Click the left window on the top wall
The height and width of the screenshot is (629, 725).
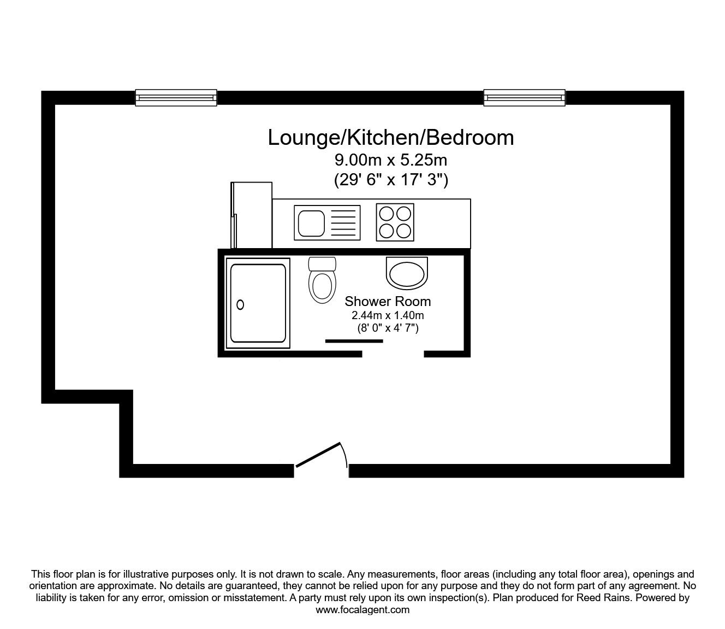pos(176,98)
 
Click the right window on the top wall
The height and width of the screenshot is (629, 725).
pos(525,98)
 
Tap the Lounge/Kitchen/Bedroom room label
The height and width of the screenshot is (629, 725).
pos(391,138)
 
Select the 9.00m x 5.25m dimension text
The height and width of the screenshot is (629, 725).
pos(391,161)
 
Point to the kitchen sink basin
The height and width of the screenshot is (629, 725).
pos(311,224)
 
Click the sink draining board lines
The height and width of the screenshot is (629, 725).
pos(343,223)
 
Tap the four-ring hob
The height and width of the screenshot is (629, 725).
pos(395,222)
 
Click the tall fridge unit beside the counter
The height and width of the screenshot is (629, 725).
pos(251,215)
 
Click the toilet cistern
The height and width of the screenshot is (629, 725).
pos(322,264)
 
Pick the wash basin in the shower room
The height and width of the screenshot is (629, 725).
pos(407,273)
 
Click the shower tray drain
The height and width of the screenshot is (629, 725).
pos(240,304)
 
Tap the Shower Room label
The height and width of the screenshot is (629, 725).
pos(388,301)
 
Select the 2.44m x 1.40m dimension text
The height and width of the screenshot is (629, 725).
pos(388,315)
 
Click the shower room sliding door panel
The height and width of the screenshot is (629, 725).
pos(354,341)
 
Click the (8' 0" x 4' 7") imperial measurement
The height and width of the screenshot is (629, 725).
pos(388,328)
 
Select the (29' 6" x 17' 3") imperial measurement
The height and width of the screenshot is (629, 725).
pos(391,180)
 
